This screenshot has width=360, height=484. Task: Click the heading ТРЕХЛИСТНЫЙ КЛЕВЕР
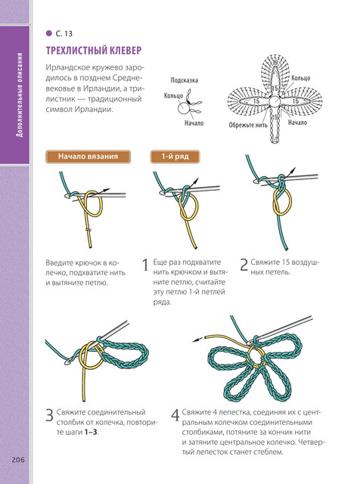[x=94, y=51]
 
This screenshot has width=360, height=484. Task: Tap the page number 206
[x=18, y=460]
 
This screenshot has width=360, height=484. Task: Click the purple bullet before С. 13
[x=49, y=33]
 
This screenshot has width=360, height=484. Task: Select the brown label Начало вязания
[x=88, y=157]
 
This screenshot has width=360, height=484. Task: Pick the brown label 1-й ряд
[x=175, y=157]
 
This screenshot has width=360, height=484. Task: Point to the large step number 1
[x=145, y=265]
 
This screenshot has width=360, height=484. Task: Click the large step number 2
[x=244, y=265]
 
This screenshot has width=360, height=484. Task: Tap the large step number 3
[x=50, y=415]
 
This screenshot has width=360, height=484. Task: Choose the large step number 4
[x=175, y=415]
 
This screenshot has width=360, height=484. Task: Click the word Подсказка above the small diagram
[x=185, y=80]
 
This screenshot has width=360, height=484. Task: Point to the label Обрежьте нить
[x=248, y=125]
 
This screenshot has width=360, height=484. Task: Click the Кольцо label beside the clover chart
[x=301, y=78]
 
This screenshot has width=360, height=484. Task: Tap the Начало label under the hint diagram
[x=194, y=123]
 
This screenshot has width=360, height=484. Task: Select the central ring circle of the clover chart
[x=275, y=101]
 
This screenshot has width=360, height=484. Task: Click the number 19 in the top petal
[x=275, y=63]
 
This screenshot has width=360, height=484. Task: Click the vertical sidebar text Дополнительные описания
[x=20, y=95]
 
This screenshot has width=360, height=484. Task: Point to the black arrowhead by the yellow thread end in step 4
[x=196, y=340]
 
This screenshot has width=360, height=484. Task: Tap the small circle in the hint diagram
[x=182, y=108]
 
